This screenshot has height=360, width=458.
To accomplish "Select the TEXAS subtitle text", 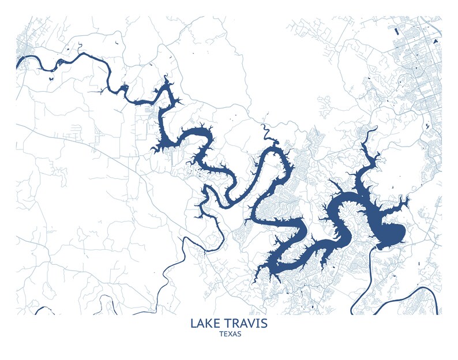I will [x=229, y=334].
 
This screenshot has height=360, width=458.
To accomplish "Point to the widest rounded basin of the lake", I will [x=388, y=232].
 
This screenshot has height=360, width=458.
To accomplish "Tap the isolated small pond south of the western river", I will [x=51, y=77].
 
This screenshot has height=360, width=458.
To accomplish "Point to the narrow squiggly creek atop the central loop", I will [x=266, y=134].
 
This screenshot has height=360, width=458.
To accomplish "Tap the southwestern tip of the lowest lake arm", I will [x=261, y=271].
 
